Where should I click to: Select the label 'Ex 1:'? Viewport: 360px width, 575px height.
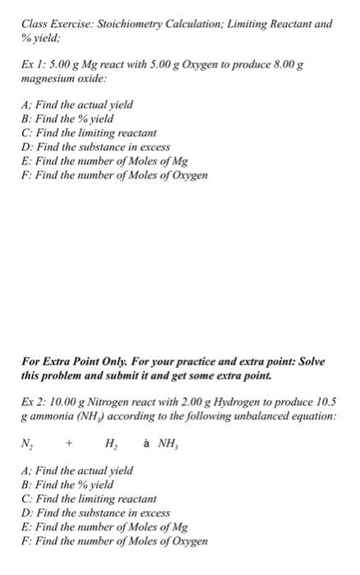coord(33,65)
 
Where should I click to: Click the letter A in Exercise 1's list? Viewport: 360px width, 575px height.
coord(25,105)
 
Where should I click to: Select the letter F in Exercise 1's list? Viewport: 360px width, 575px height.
coord(25,175)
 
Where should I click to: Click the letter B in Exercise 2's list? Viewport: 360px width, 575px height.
coord(25,485)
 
